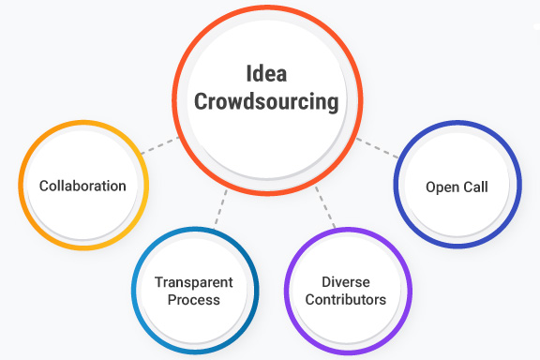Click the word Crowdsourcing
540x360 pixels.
click(x=267, y=102)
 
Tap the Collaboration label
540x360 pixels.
click(x=82, y=186)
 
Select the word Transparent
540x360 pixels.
click(x=194, y=282)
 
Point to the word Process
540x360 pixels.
click(x=194, y=300)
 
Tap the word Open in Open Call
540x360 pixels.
click(x=442, y=187)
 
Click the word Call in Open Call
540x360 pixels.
click(x=475, y=187)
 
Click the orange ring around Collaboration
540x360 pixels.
click(x=23, y=186)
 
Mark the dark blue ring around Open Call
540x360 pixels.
click(x=397, y=186)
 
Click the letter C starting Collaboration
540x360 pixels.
click(x=44, y=186)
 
